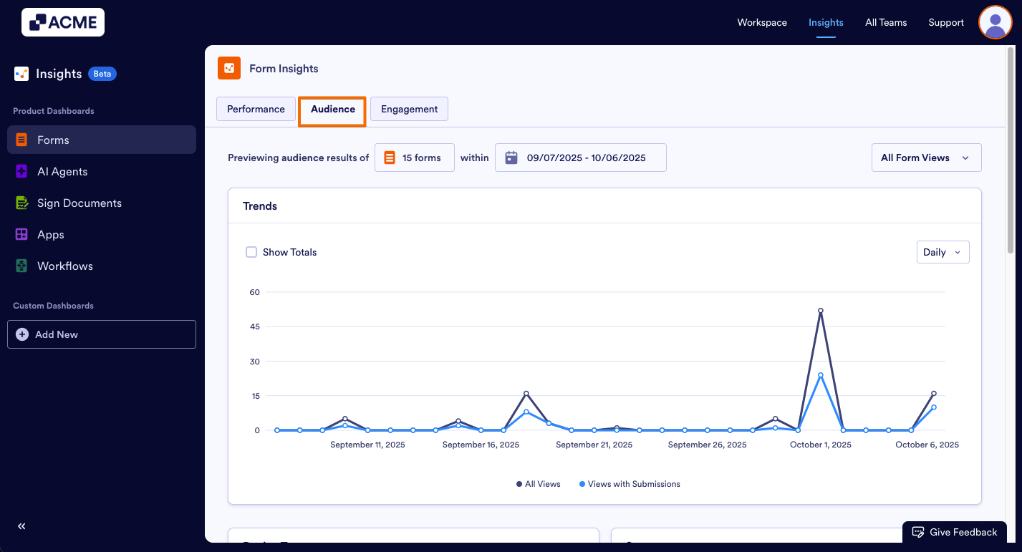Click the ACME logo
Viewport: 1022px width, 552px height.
pos(63,22)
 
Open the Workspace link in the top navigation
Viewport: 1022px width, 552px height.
pos(762,22)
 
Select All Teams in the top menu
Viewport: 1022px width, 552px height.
pos(886,22)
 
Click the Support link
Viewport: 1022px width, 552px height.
pos(946,22)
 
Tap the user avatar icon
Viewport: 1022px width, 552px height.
pos(995,22)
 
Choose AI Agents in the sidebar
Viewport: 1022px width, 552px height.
pos(62,172)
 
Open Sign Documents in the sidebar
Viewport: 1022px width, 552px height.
pos(79,203)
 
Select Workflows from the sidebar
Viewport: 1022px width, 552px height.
pos(64,266)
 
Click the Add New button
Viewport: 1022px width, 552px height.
pos(102,334)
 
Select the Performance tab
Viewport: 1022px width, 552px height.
pos(256,110)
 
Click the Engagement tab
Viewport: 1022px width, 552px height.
pos(409,110)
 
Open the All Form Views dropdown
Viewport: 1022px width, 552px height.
pos(925,158)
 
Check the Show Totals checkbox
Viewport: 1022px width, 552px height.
pos(251,252)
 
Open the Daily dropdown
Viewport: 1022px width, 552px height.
pos(943,252)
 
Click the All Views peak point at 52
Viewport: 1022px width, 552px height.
pos(821,311)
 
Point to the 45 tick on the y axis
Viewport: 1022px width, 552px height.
pos(254,326)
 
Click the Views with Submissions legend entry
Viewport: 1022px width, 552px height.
pos(630,484)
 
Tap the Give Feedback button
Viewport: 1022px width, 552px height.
pos(955,532)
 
